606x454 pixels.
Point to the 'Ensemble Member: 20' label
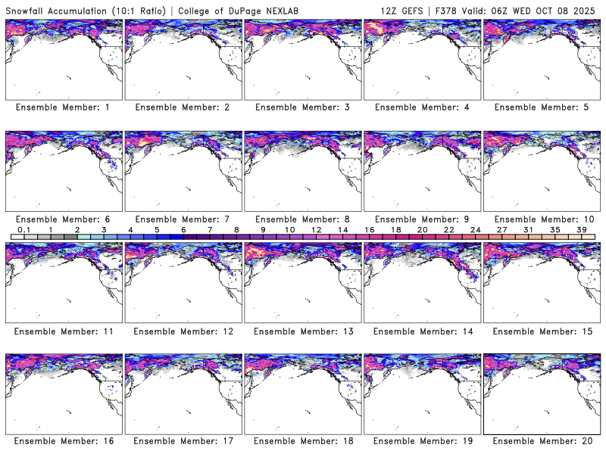pyautogui.click(x=542, y=441)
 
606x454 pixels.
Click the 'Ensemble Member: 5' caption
pyautogui.click(x=542, y=107)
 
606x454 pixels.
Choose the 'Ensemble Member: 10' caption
pyautogui.click(x=542, y=219)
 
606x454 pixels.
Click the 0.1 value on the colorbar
pyautogui.click(x=23, y=230)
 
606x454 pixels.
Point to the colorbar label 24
pyautogui.click(x=475, y=230)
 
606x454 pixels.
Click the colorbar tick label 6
pyautogui.click(x=183, y=230)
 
